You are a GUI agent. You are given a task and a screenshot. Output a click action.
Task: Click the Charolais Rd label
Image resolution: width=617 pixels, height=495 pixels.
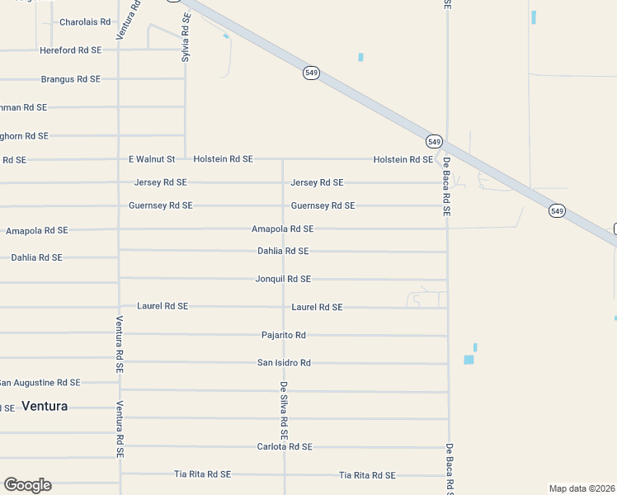tap(84, 22)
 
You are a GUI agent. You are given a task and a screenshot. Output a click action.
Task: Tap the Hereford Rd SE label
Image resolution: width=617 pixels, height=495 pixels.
tap(70, 50)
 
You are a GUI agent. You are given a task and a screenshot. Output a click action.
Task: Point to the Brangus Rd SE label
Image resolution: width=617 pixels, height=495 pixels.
tap(70, 79)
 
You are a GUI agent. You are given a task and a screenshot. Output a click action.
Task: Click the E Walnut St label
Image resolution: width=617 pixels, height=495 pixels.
tap(152, 159)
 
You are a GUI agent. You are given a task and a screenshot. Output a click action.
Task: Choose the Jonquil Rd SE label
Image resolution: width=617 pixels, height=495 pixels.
tap(283, 279)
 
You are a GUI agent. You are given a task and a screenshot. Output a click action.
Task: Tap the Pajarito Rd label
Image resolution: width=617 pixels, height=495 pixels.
tap(283, 335)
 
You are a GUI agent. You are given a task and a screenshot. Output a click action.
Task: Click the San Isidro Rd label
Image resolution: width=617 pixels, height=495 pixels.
tap(284, 363)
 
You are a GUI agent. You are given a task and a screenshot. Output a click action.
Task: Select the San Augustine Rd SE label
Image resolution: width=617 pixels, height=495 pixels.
tap(40, 383)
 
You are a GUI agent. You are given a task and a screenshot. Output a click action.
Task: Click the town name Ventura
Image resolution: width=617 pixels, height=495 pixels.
tap(45, 406)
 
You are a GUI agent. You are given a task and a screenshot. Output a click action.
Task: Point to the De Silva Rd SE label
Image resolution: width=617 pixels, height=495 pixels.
tap(284, 410)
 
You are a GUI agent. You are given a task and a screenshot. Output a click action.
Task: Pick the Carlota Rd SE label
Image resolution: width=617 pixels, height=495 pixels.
tap(285, 447)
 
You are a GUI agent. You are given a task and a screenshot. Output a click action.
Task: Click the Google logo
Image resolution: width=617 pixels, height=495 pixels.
tap(27, 485)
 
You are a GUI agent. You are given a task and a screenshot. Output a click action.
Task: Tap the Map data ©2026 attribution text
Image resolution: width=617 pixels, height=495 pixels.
tap(582, 488)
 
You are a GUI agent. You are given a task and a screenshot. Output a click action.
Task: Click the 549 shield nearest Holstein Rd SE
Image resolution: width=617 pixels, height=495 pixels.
tap(435, 141)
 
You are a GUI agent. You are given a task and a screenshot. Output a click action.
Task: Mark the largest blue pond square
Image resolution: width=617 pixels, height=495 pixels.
tap(469, 360)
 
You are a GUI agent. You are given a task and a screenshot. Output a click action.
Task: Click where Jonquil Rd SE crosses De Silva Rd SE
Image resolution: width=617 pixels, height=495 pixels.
tap(284, 279)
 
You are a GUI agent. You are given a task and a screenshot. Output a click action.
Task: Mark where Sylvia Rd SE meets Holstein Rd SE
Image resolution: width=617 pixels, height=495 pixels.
tap(185, 158)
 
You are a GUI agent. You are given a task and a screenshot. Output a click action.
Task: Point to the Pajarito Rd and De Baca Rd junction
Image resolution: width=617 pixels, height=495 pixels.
tap(448, 336)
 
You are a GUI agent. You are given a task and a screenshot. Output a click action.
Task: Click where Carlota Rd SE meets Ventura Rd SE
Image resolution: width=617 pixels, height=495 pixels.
tap(120, 446)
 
